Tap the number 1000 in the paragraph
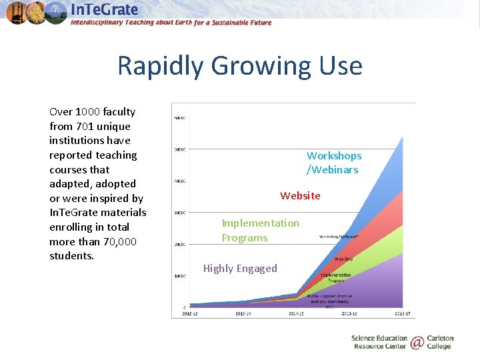click(x=88, y=112)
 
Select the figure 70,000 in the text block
click(x=120, y=241)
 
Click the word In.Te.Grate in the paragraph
click(x=73, y=213)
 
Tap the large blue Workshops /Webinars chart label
click(x=333, y=163)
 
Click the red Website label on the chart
click(x=300, y=195)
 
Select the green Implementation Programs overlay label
click(x=260, y=230)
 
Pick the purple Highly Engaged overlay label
click(x=240, y=269)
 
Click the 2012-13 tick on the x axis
click(x=189, y=313)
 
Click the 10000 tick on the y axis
click(x=179, y=276)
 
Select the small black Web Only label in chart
click(x=343, y=259)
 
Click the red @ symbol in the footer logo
click(x=417, y=343)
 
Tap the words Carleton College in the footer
click(x=439, y=343)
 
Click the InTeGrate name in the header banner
click(x=105, y=9)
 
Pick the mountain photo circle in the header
click(x=56, y=12)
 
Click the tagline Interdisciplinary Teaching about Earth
click(x=171, y=23)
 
